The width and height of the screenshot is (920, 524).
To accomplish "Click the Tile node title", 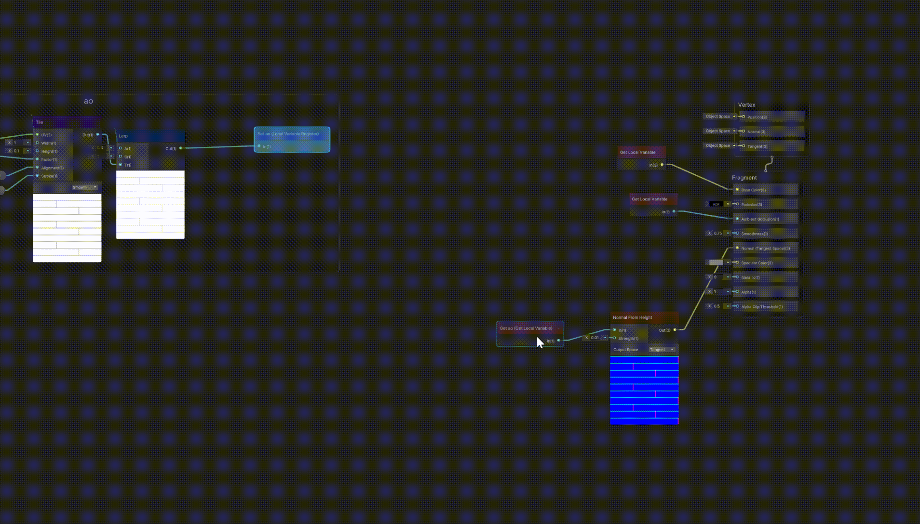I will coord(40,122).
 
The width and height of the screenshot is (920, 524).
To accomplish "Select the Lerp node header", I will coord(123,136).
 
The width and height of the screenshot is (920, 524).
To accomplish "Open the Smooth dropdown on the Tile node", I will coord(85,187).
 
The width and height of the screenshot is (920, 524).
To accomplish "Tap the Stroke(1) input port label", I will coord(49,176).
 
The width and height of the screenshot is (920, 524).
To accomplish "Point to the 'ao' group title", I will coord(88,101).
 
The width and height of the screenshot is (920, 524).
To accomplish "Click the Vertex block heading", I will coord(746,105).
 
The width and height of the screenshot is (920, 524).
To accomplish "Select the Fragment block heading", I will coord(744,178).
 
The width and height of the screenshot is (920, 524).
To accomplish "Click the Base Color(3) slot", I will coord(754,190).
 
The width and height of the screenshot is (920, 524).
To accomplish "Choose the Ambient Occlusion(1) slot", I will coord(760,219).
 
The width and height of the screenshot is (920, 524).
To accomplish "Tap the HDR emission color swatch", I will coord(716,204).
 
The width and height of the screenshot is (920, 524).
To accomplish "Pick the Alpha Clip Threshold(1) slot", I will coord(762,307).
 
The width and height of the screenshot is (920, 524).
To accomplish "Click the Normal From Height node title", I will coord(632,318).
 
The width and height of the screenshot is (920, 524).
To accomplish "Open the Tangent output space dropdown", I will coord(662,350).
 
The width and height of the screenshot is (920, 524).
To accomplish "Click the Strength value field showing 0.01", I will coord(595,338).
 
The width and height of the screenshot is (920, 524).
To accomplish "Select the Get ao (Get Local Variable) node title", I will coord(526,328).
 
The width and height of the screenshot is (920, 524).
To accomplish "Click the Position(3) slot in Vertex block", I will coord(757,117).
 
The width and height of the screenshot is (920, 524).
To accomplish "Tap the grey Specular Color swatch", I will coord(716,263).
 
